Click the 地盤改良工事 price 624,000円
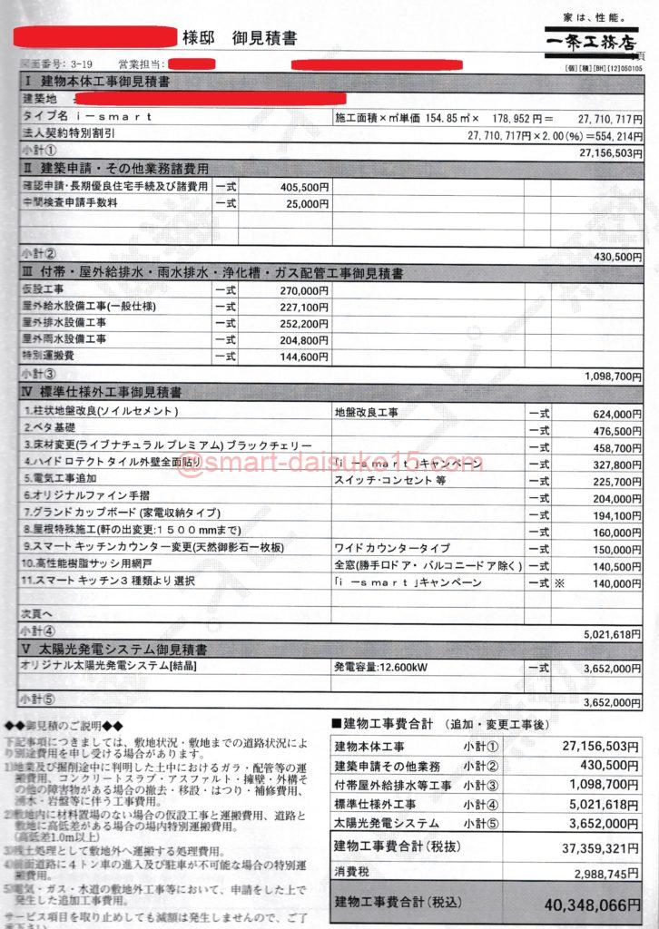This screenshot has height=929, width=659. click(615, 411)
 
